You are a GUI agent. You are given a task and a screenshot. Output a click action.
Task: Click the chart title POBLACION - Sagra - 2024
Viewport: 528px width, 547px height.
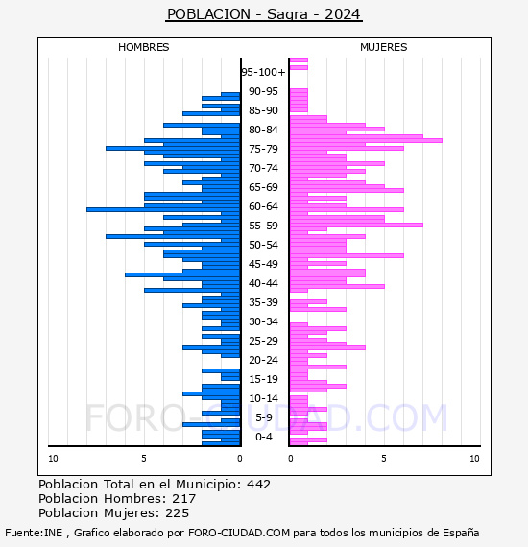point(264,14)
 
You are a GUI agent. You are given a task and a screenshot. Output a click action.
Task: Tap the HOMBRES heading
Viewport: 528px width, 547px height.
point(143,47)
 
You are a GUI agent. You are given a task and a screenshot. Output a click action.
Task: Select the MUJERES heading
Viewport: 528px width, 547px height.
point(384,47)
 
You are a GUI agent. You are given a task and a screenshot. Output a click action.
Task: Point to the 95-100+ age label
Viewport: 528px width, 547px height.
point(263,72)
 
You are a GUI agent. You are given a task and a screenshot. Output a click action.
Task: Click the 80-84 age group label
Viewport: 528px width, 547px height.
point(263,130)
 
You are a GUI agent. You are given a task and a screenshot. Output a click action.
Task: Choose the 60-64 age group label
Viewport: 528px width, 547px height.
point(263,206)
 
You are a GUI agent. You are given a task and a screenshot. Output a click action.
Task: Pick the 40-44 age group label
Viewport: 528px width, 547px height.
point(263,283)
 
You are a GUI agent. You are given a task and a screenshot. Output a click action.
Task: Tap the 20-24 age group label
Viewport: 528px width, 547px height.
point(263,360)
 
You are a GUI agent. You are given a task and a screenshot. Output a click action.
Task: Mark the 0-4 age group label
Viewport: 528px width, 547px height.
point(264,437)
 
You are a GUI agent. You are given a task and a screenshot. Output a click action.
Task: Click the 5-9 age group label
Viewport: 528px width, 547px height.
point(264,417)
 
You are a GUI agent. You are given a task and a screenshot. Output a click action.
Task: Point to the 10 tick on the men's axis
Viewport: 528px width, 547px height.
point(53,459)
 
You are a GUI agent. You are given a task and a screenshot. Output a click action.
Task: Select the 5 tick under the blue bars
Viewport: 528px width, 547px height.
point(144,459)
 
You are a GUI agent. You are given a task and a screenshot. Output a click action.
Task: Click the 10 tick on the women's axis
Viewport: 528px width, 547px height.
point(474,459)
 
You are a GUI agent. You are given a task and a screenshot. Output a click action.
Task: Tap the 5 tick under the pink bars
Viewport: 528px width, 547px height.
point(384,459)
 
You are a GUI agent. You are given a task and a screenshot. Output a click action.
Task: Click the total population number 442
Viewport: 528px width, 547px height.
point(258,485)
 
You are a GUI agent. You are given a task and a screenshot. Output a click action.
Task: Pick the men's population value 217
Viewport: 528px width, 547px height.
point(184,498)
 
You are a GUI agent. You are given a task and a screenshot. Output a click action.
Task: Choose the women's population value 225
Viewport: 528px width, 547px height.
point(178,513)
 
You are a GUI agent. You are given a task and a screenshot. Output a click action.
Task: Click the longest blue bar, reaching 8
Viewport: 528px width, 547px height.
point(163,209)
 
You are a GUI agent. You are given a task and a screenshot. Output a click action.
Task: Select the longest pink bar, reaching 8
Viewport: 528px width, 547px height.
point(366,140)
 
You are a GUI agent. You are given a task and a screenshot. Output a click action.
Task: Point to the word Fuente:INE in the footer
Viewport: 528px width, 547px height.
point(34,533)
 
